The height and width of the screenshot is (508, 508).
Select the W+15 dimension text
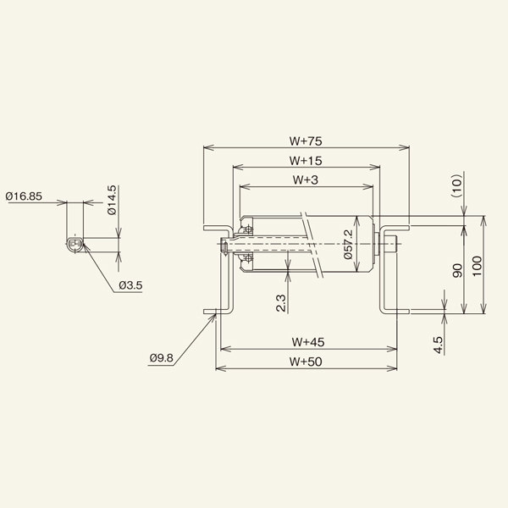tap(306, 159)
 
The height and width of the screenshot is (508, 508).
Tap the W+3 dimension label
tap(305, 179)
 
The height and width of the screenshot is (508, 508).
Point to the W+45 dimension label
tap(308, 342)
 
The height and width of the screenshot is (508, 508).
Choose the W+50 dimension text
tap(308, 362)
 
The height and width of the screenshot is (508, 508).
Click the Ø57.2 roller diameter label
tap(348, 245)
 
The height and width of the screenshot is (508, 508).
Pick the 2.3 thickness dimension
tap(281, 302)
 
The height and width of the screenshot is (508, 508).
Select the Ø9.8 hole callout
tap(161, 358)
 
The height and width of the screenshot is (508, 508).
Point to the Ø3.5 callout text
tap(130, 284)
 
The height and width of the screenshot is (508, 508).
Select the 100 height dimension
tap(477, 267)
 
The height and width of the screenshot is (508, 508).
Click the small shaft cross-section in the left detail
tap(75, 245)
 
